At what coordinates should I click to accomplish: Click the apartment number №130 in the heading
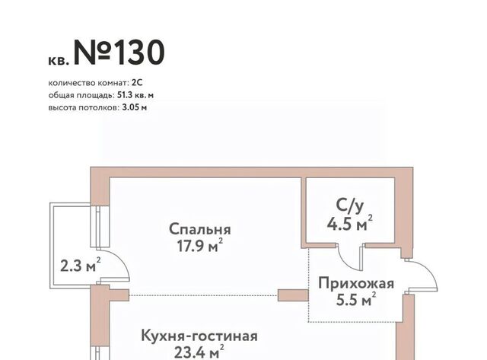(x=119, y=53)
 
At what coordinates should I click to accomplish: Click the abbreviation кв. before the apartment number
(x=59, y=61)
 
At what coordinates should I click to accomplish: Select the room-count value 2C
(x=137, y=83)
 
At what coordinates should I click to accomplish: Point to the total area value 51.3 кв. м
(x=135, y=95)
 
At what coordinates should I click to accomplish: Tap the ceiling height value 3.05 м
(x=135, y=108)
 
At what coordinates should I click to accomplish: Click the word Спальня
(x=200, y=230)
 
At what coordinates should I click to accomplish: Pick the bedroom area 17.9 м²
(x=200, y=245)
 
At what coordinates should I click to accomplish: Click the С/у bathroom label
(x=350, y=205)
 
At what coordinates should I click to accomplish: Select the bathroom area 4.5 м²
(x=350, y=223)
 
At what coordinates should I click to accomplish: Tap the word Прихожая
(x=356, y=284)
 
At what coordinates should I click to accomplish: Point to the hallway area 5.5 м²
(x=356, y=299)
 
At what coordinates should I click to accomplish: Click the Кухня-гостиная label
(x=199, y=336)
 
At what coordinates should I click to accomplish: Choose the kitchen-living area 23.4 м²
(x=199, y=352)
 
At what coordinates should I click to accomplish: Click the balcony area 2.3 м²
(x=81, y=266)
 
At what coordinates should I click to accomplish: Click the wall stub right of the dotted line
(x=293, y=295)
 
